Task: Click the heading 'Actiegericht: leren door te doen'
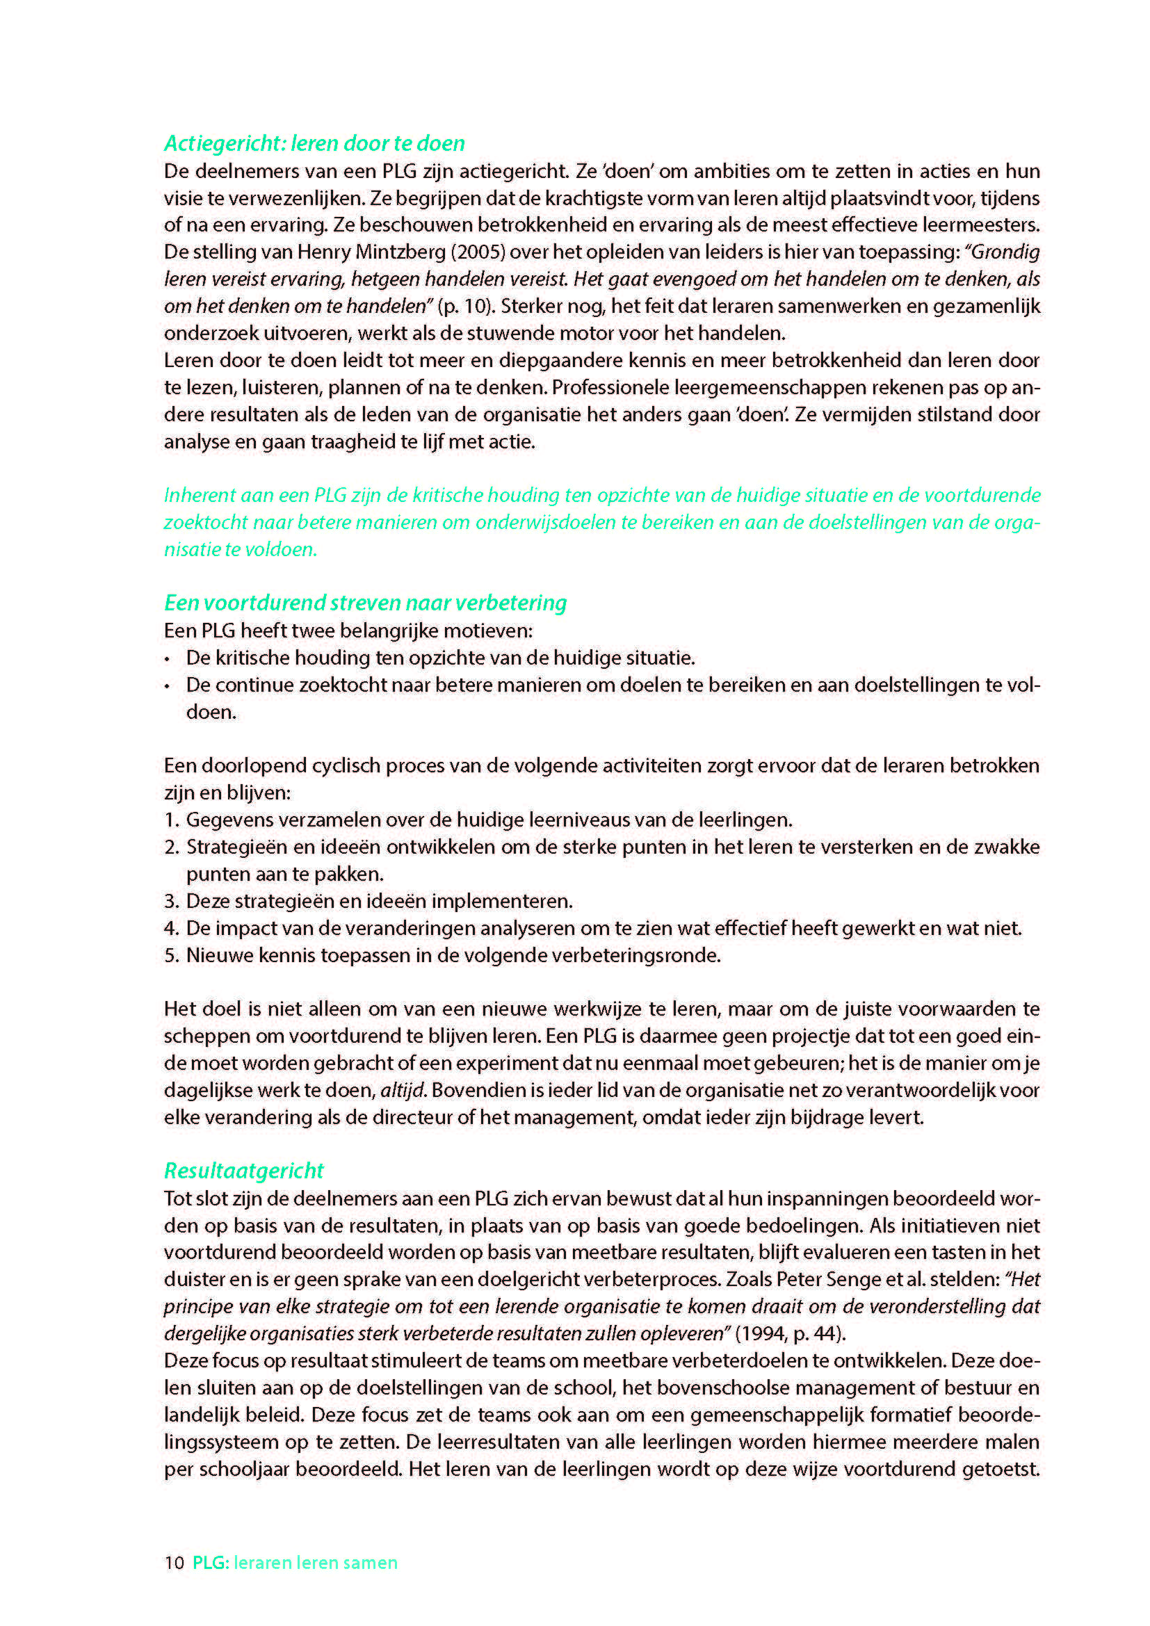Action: [x=314, y=144]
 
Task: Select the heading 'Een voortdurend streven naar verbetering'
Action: [x=366, y=603]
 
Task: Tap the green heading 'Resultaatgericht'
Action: [x=243, y=1171]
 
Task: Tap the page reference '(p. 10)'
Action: [x=461, y=307]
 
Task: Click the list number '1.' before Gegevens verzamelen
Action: [x=171, y=820]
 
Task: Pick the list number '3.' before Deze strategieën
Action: [x=171, y=902]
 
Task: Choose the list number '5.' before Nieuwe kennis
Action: [x=171, y=955]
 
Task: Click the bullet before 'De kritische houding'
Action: [x=167, y=659]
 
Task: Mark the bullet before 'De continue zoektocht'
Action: [x=167, y=686]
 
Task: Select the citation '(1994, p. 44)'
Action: [x=791, y=1333]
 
